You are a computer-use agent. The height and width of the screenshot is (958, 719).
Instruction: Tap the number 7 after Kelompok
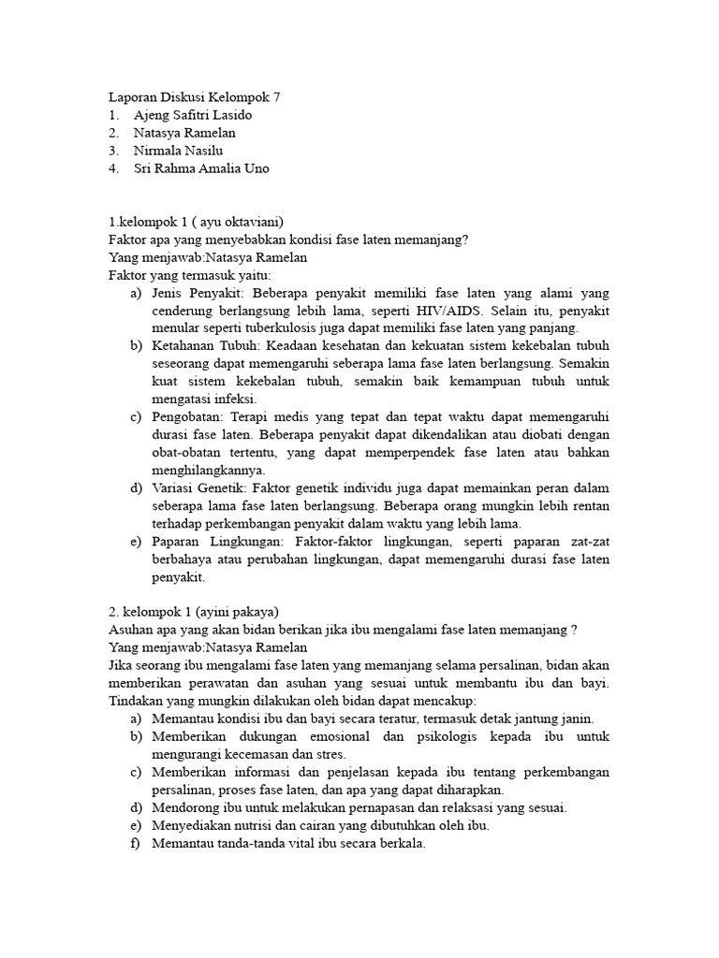coord(276,96)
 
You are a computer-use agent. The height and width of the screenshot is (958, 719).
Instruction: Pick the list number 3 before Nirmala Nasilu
coord(113,150)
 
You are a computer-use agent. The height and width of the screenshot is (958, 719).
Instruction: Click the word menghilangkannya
coord(208,471)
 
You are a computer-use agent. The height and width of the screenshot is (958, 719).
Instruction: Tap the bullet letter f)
coord(137,843)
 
